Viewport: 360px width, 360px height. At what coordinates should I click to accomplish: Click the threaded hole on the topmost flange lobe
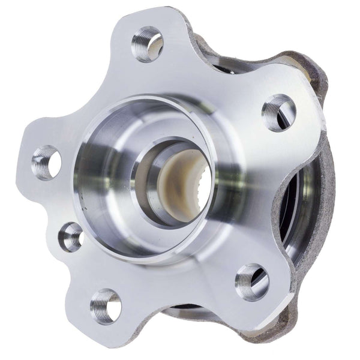tap(147, 44)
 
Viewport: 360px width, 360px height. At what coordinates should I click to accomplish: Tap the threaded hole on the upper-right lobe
tap(278, 112)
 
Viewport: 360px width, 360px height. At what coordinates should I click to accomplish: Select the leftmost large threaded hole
tap(46, 162)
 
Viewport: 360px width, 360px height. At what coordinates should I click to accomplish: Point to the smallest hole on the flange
tap(71, 236)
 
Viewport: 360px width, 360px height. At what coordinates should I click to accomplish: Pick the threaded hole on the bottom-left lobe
tap(106, 306)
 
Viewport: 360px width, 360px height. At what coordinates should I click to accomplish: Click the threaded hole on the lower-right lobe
tap(251, 281)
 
